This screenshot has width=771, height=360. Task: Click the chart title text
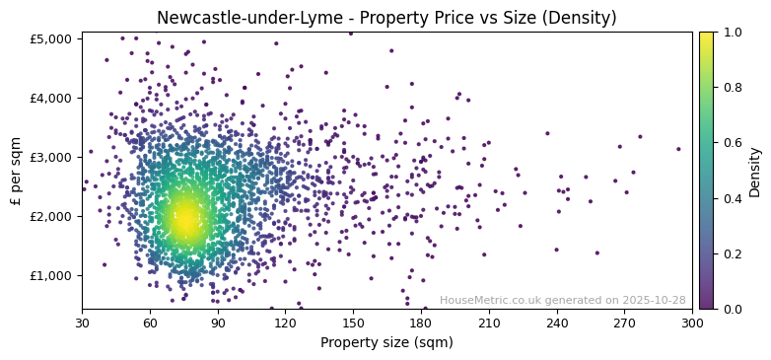[386, 18]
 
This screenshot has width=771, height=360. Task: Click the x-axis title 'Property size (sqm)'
[386, 343]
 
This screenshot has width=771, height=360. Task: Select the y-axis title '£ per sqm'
[17, 171]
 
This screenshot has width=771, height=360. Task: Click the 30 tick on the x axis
[82, 323]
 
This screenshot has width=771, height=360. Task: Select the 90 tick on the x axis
[218, 323]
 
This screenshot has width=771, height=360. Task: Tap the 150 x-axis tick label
[353, 323]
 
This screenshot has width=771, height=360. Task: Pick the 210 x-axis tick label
[489, 323]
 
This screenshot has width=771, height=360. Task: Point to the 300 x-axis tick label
[692, 323]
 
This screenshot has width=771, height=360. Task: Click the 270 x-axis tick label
[625, 323]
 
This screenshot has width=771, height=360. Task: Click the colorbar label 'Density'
[755, 171]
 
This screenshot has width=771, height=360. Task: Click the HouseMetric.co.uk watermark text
[562, 301]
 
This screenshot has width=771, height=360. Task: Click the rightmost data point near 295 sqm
[678, 149]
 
